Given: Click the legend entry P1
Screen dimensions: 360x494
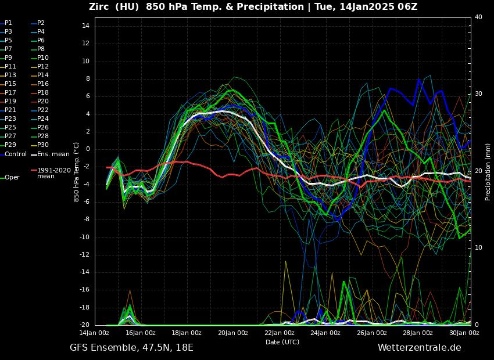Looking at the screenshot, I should coord(8,23).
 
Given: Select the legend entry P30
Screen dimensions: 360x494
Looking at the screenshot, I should coord(43,145).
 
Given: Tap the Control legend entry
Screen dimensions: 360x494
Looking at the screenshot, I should coord(16,154).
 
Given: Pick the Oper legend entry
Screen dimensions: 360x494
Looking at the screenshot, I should coord(12,178).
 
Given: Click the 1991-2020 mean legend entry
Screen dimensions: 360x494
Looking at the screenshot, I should coord(53,173).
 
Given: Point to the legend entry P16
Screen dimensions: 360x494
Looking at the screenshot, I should coord(43,84).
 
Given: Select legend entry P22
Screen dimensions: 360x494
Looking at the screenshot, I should coord(43,110).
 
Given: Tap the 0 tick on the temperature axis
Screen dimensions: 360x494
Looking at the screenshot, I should coord(87,149).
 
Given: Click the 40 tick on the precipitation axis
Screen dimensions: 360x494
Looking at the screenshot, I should coord(478,17).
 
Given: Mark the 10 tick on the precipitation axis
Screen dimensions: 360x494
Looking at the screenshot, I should coord(478,248).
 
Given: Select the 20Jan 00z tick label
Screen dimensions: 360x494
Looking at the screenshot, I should coord(233,333).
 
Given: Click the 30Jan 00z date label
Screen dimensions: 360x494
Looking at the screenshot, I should coord(464,333).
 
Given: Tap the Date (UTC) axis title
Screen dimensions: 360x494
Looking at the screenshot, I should coord(282,342).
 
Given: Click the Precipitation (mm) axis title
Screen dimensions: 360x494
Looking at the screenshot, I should coord(488,172).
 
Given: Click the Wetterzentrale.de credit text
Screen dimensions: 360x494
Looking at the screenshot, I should coord(419,348).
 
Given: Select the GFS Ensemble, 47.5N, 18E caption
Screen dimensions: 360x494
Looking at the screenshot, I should coord(131,348).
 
